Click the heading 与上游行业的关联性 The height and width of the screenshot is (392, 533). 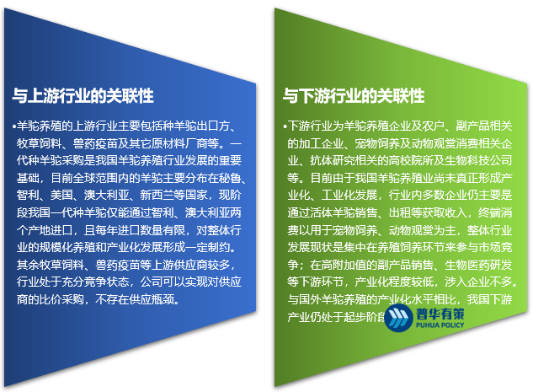coord(83,94)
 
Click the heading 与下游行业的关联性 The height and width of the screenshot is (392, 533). coord(353,94)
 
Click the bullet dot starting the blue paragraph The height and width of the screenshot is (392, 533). coord(14,126)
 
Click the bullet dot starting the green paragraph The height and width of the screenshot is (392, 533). coord(284,126)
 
